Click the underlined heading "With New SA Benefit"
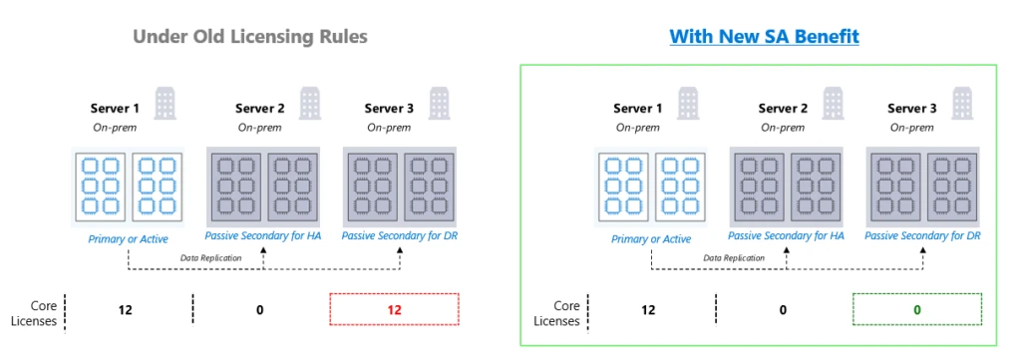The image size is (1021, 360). (x=764, y=37)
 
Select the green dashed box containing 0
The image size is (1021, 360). (x=916, y=310)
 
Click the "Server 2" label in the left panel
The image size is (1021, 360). (x=260, y=108)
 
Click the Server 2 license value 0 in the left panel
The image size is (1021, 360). (x=260, y=310)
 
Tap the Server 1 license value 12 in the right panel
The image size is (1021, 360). (x=648, y=310)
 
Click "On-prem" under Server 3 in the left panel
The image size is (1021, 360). (x=389, y=127)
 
